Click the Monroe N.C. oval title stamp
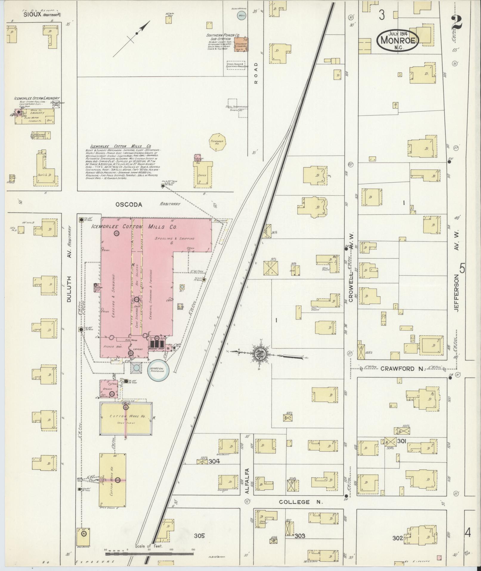398,40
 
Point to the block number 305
199,536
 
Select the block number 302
398,538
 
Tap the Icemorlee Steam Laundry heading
37,98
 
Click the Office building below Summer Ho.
203,175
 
